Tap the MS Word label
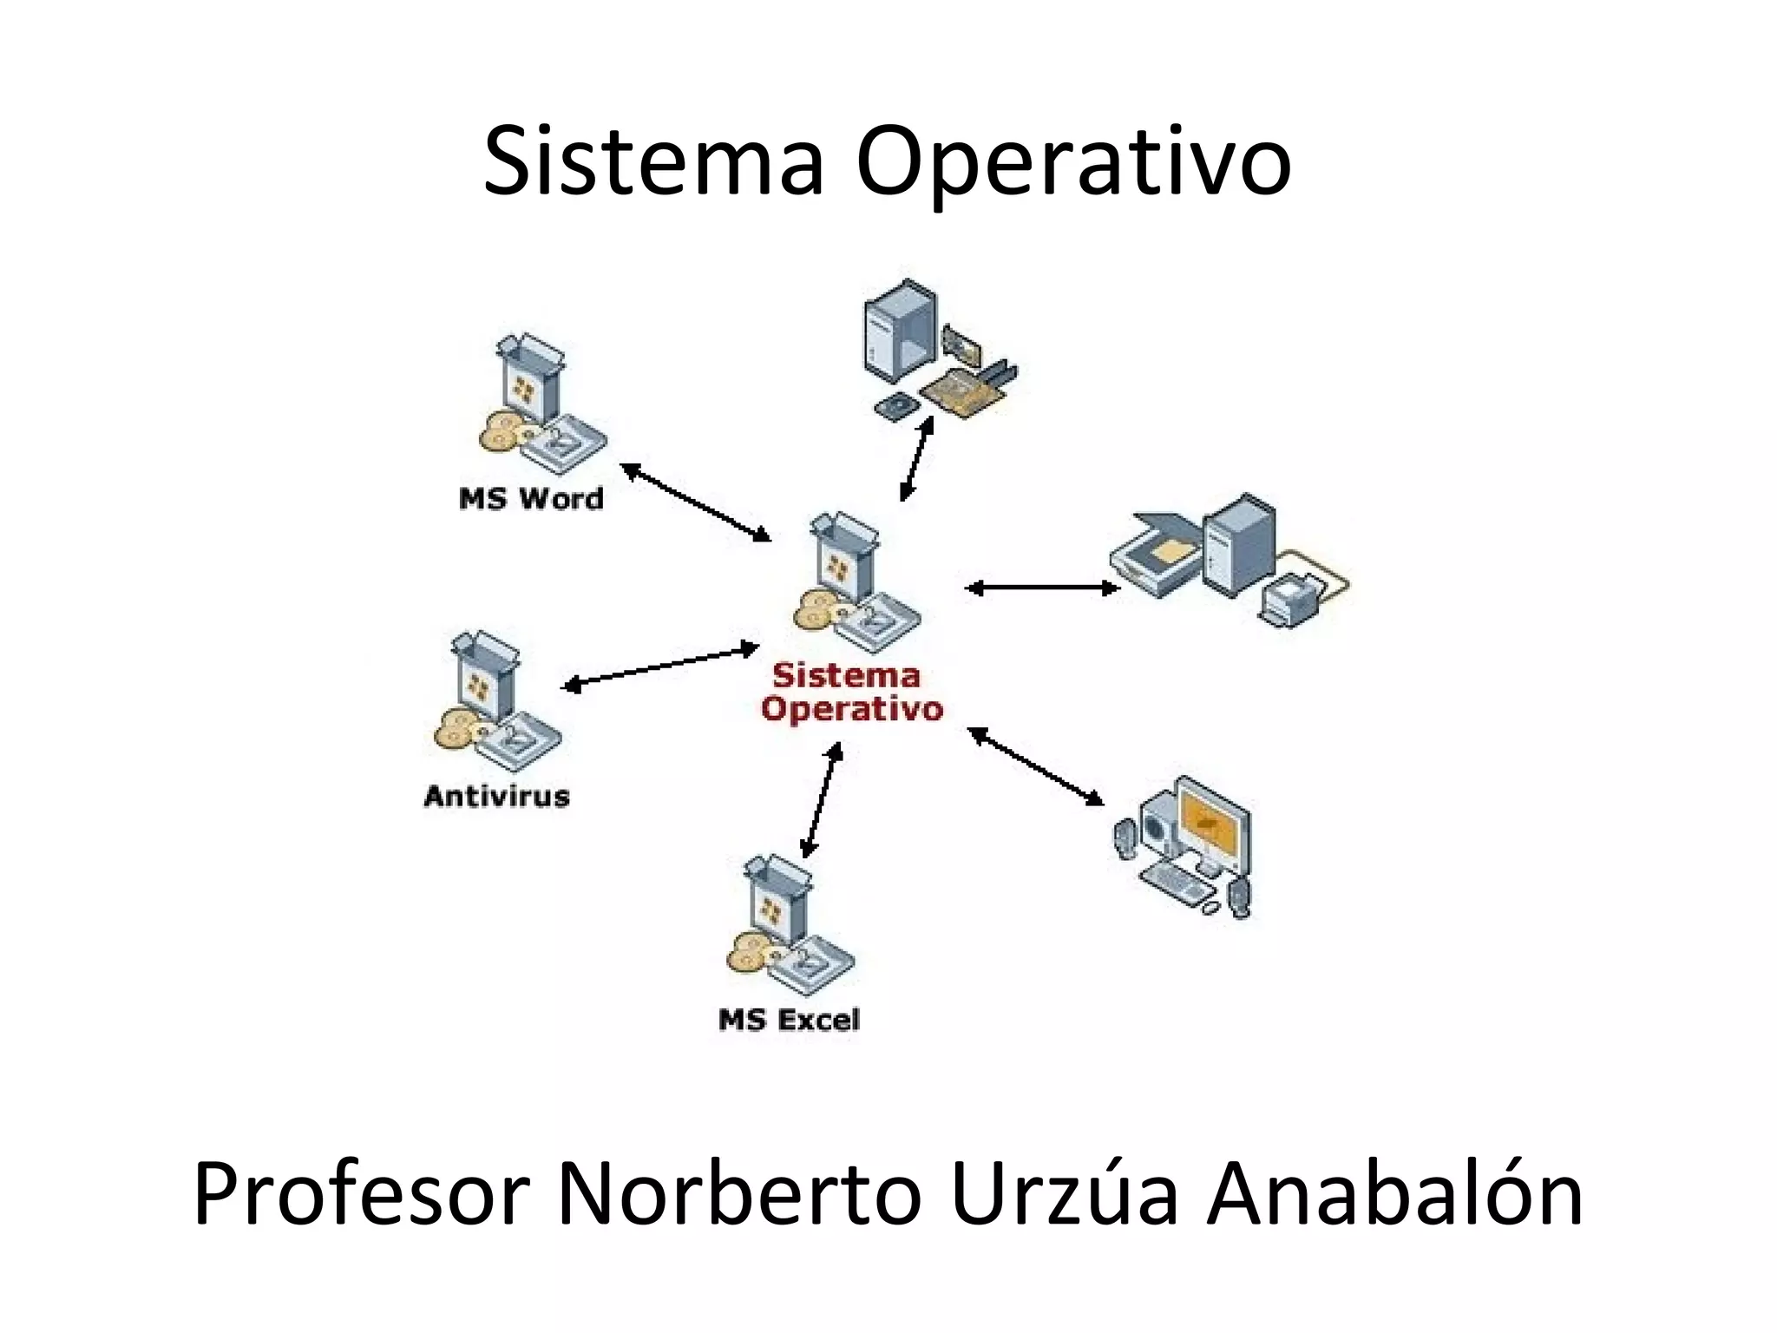531,499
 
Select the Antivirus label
496,796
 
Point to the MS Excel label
789,1019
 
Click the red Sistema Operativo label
851,693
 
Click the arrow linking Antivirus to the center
661,666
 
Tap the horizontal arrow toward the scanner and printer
1042,588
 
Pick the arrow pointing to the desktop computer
1035,766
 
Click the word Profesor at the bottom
361,1196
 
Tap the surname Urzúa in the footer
1064,1196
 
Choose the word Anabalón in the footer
1396,1196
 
